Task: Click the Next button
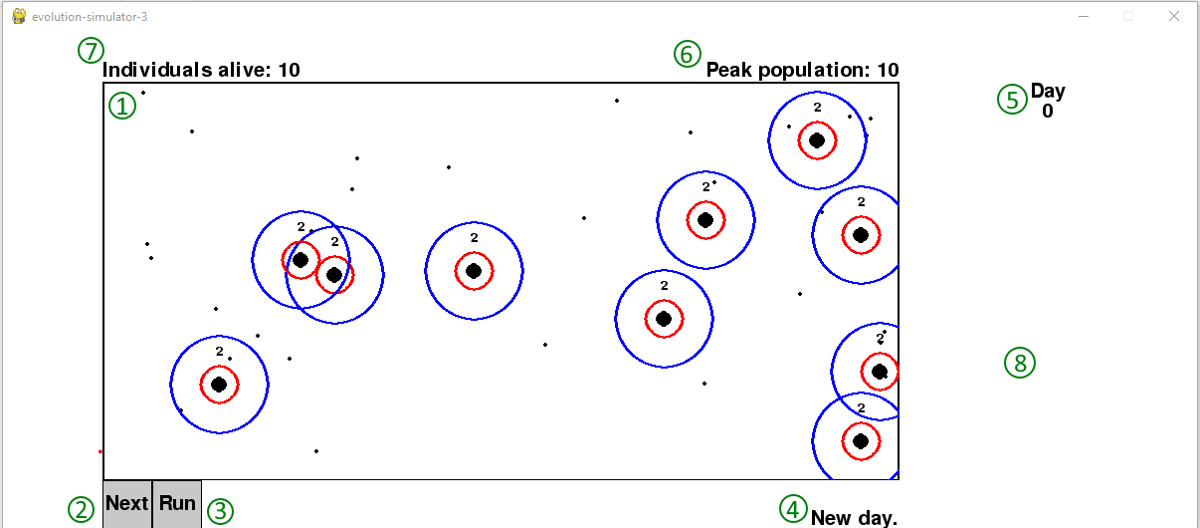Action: [127, 504]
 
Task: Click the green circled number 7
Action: [91, 51]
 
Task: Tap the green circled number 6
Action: [688, 54]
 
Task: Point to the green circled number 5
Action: [1012, 100]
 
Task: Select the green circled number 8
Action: [1020, 364]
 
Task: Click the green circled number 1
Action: [122, 106]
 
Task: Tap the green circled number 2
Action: [81, 510]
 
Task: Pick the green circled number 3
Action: [220, 511]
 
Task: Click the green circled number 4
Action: [793, 509]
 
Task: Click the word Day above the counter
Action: [1048, 92]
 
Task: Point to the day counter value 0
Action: [1048, 111]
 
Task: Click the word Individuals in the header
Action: [157, 70]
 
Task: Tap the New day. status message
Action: [854, 518]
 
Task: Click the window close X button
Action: [1174, 17]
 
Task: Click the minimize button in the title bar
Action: [1084, 17]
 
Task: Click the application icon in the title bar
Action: [19, 16]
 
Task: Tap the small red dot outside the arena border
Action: [100, 452]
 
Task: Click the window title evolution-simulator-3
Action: [90, 17]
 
